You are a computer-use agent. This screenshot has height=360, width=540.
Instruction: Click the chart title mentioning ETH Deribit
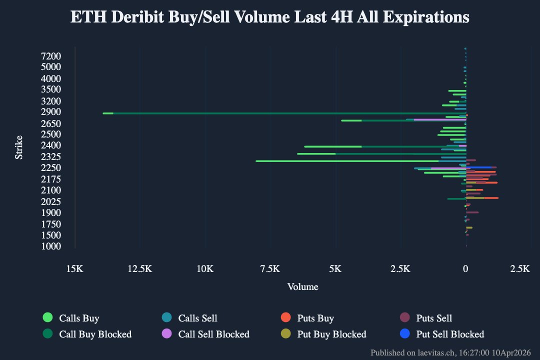pos(269,17)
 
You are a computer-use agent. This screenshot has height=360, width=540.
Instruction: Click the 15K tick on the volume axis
pos(74,269)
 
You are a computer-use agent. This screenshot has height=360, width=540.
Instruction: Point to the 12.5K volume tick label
pos(140,269)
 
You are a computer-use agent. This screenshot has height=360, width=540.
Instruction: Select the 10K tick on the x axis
pos(205,269)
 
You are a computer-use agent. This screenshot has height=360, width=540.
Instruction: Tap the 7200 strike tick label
pos(51,56)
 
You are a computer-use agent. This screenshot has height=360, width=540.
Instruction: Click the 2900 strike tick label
pos(51,112)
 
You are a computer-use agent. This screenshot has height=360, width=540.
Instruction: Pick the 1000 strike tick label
pos(51,246)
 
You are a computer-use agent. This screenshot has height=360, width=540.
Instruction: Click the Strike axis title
pos(19,147)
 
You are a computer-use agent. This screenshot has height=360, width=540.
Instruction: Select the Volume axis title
pos(302,287)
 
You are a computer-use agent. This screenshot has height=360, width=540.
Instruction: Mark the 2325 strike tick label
pos(51,156)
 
